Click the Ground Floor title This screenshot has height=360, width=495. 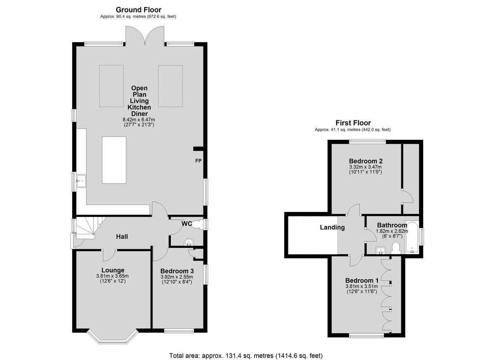(139, 10)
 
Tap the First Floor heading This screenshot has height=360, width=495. (353, 123)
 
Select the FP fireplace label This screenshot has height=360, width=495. (198, 161)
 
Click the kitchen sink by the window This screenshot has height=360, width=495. (81, 181)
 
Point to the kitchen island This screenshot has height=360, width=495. (114, 160)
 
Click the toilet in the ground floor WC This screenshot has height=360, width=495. (197, 225)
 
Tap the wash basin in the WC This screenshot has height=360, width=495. (189, 242)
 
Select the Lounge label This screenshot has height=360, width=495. (113, 270)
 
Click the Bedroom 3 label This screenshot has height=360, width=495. (177, 271)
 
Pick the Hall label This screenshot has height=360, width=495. (122, 237)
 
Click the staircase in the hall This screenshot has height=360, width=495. (88, 228)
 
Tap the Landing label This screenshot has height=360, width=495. (332, 227)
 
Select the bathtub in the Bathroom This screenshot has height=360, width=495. (412, 238)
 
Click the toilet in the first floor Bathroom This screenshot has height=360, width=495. (396, 248)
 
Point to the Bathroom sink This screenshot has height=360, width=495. (380, 250)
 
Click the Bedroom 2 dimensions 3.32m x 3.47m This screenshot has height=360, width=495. (365, 167)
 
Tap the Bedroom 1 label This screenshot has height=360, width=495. (362, 280)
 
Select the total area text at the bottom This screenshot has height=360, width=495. (246, 350)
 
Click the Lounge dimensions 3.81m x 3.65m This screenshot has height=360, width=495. (112, 276)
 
